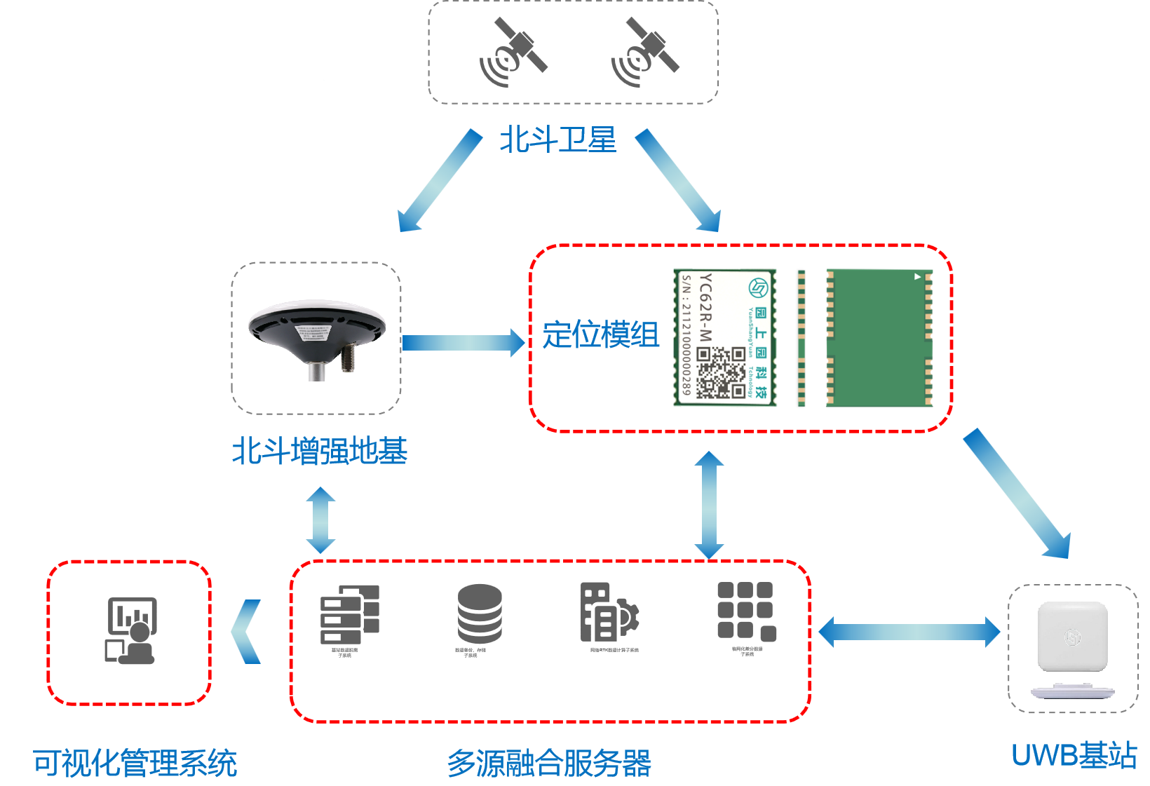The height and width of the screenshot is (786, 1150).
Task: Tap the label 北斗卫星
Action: (x=557, y=140)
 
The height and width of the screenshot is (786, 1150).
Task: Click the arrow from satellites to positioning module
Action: (x=678, y=180)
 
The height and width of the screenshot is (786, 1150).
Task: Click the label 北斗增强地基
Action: (x=320, y=451)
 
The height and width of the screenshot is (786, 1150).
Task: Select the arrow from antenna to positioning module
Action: (x=464, y=342)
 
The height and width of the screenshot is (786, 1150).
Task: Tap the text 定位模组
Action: (x=601, y=334)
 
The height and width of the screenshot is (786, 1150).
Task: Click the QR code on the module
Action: (x=721, y=372)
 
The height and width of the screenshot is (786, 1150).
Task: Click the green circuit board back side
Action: (x=879, y=337)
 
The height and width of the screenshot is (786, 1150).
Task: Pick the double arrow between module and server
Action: (x=709, y=505)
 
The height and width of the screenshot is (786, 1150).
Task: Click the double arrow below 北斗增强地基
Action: (x=321, y=520)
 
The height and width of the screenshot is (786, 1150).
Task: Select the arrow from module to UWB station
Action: (x=1017, y=494)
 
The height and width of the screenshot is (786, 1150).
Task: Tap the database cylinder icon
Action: (x=480, y=614)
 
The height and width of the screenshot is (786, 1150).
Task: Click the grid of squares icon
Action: (x=746, y=611)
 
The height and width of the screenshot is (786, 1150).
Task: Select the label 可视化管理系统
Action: (x=135, y=763)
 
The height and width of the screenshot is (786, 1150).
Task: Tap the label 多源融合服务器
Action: (x=550, y=763)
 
